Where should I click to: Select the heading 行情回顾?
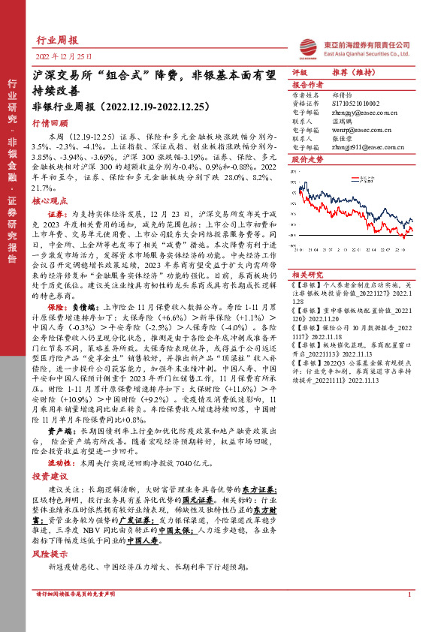[50, 123]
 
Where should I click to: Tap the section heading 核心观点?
[50, 202]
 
